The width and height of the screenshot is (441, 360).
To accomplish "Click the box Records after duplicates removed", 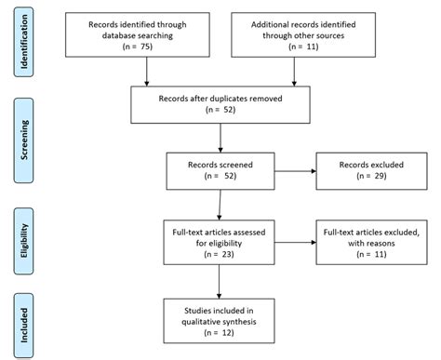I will point(219,104).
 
